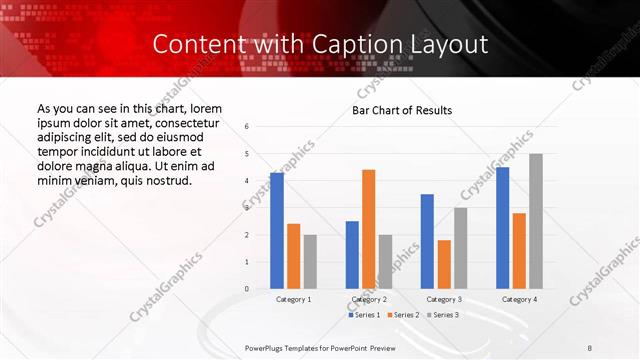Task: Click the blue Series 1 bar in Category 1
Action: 277,231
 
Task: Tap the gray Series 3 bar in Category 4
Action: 536,221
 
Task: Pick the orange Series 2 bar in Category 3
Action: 444,264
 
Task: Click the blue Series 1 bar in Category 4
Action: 502,228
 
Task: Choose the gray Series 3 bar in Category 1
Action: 310,262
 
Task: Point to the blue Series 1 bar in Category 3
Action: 427,241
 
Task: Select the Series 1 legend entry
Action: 363,315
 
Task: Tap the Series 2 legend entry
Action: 401,315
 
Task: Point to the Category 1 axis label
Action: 293,299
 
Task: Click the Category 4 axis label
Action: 519,299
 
